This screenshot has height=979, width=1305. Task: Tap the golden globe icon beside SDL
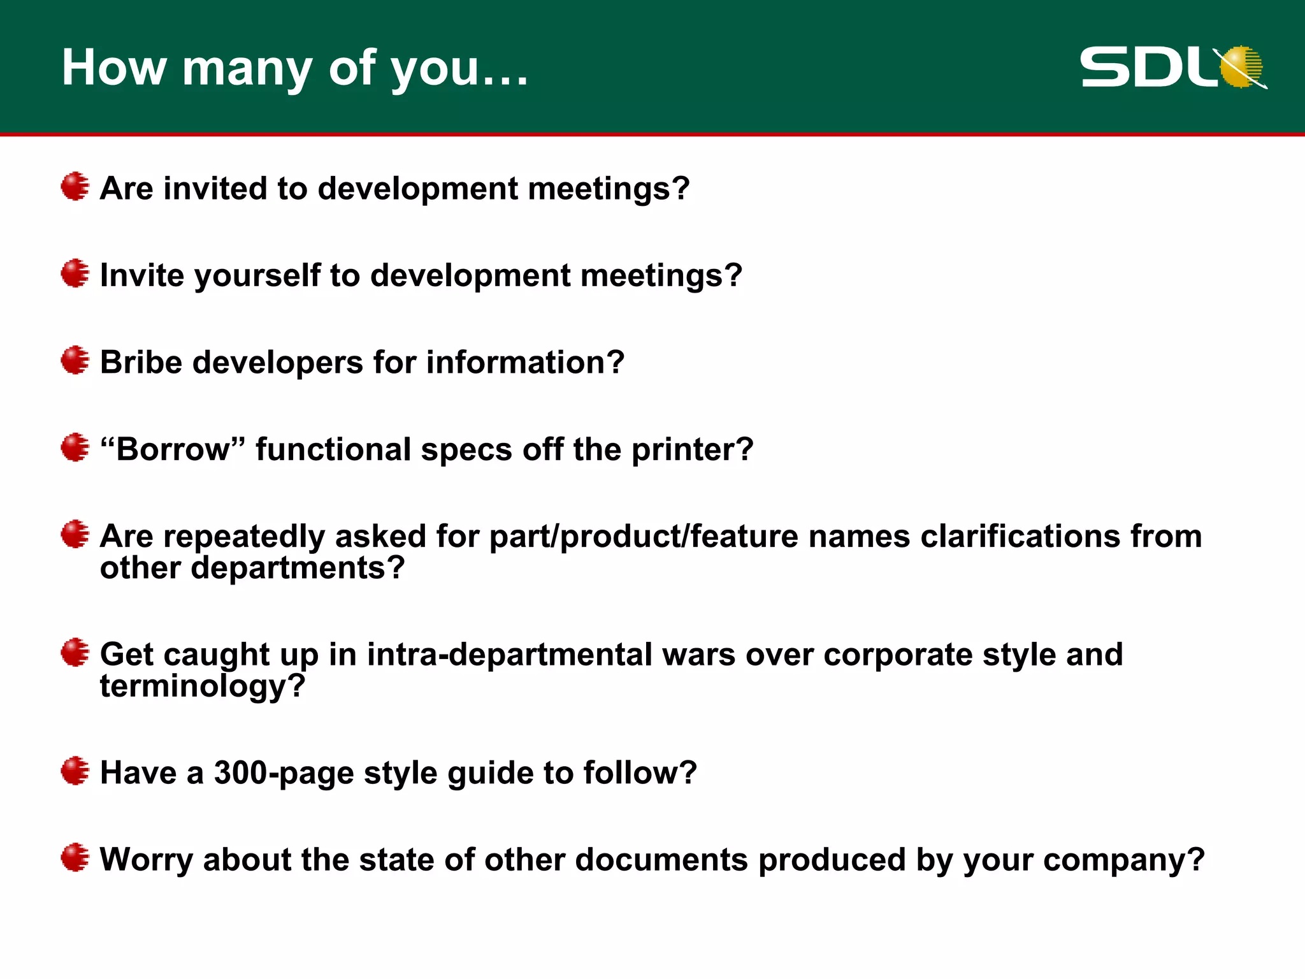(1242, 66)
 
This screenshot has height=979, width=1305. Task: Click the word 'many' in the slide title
(247, 69)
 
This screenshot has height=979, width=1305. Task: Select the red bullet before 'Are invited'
(75, 186)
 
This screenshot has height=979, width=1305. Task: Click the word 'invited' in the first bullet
(215, 189)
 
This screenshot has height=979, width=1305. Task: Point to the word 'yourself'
(257, 276)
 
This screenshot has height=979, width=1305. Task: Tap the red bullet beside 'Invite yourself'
(75, 273)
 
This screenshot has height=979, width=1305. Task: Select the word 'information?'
(525, 362)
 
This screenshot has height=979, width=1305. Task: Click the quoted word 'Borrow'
(173, 449)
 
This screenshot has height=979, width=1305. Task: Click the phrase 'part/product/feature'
(644, 537)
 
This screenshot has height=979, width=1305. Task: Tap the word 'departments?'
(298, 567)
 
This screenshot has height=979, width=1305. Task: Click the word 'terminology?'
(203, 686)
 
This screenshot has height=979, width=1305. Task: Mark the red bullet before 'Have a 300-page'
(75, 771)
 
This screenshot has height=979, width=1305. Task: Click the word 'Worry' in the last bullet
(146, 860)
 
